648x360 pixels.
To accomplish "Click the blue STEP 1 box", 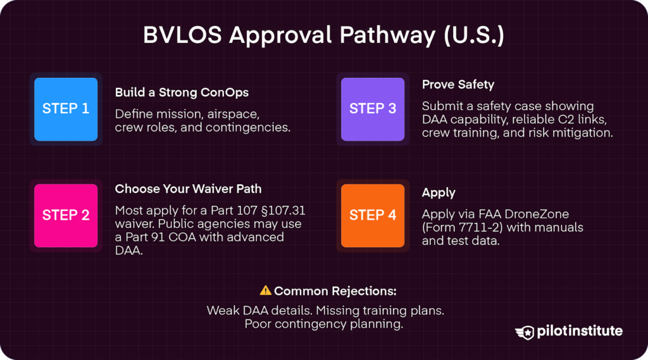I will pos(66,109).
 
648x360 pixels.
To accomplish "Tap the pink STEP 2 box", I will pos(66,216).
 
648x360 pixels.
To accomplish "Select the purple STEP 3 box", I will pos(373,109).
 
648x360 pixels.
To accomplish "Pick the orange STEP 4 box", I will pos(373,216).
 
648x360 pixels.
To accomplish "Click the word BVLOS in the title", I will pos(182,35).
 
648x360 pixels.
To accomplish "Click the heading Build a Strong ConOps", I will pos(182,92).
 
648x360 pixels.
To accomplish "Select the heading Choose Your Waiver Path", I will pos(188,189).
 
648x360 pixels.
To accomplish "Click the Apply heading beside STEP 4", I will pos(439,193).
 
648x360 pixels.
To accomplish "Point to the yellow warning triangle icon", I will pos(266,290).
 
